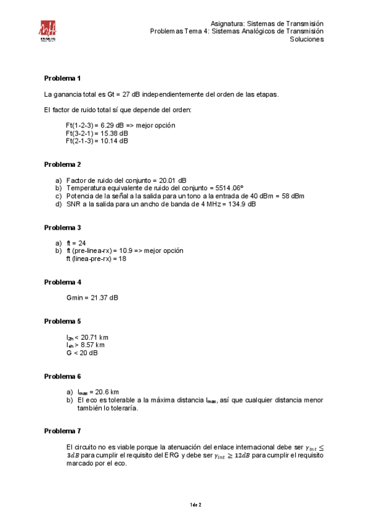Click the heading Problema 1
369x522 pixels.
[x=62, y=78]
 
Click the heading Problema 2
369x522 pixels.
[x=62, y=164]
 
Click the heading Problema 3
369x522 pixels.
[x=62, y=228]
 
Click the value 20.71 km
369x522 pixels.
[x=95, y=337]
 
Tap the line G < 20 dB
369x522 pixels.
[x=81, y=353]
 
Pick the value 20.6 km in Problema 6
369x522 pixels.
[x=105, y=392]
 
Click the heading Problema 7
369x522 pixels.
[x=62, y=431]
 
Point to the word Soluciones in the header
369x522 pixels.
[x=307, y=39]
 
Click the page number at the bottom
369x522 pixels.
[x=195, y=505]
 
